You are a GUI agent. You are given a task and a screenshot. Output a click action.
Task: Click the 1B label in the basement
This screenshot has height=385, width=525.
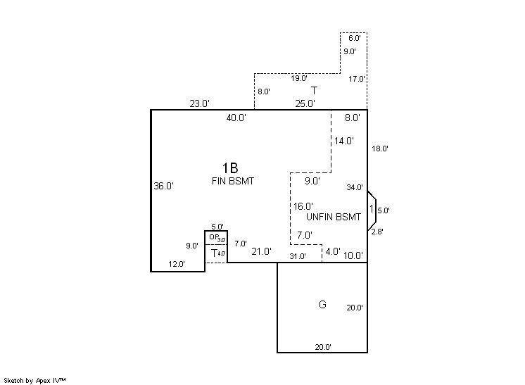click(230, 168)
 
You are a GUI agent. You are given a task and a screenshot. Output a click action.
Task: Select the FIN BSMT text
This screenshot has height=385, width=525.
click(233, 181)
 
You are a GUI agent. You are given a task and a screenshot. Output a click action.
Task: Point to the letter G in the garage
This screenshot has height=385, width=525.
click(322, 305)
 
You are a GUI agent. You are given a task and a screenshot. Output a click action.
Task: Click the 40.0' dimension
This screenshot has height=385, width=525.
click(236, 118)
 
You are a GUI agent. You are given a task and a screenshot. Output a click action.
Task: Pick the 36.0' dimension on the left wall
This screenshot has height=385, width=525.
click(163, 187)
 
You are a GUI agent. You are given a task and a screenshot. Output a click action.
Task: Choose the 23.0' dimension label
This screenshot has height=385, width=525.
click(199, 103)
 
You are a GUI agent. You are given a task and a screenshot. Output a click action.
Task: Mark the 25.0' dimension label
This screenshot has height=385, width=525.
click(305, 103)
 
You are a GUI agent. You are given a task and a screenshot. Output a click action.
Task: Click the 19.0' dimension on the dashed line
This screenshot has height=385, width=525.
click(299, 78)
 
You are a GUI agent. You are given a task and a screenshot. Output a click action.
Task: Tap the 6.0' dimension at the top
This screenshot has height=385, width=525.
click(354, 38)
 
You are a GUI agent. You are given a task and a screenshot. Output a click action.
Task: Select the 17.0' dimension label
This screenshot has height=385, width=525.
click(356, 79)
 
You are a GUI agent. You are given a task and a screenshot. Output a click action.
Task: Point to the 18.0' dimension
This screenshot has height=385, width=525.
click(380, 149)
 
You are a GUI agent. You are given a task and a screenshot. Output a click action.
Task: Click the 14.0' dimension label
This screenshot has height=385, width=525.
click(344, 141)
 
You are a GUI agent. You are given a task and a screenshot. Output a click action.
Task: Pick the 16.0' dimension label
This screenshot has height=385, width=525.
click(303, 206)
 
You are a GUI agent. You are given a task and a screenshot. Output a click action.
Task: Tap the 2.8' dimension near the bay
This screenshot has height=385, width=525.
click(377, 231)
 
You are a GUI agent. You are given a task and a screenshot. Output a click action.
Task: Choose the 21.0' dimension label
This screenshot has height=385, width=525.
click(262, 251)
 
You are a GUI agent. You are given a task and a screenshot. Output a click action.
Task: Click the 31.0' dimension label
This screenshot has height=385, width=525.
click(298, 256)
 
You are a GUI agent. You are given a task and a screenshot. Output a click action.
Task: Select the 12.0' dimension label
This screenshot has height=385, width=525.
click(176, 264)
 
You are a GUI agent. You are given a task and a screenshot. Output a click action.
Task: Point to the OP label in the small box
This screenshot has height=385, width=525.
click(213, 237)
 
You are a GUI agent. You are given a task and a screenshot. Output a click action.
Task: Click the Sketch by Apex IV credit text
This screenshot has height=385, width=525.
click(36, 380)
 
